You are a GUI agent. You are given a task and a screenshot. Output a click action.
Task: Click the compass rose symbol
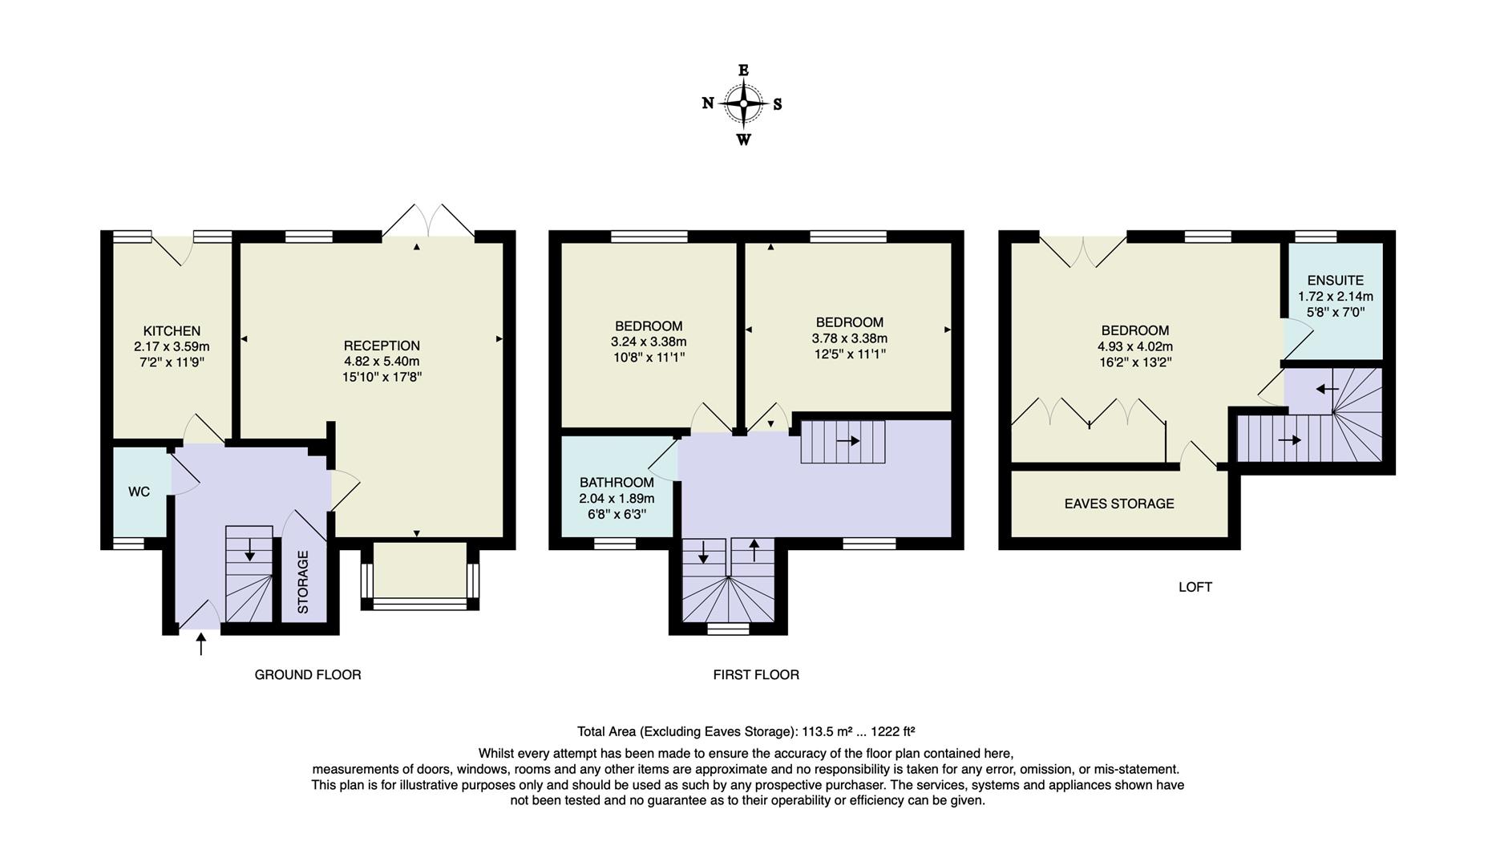pos(743,104)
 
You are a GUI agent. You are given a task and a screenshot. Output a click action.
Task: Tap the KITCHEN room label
pos(172,330)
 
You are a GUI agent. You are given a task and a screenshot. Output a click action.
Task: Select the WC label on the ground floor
pos(139,492)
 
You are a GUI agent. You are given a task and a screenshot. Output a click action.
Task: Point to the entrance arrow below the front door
pos(200,644)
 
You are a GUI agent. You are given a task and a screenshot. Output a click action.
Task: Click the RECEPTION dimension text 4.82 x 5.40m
pos(382,361)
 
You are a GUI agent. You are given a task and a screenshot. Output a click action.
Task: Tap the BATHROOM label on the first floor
pos(617,483)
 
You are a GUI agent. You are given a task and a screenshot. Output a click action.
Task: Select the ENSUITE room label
pos(1335,281)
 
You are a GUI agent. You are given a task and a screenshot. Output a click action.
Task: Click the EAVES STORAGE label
pos(1119,504)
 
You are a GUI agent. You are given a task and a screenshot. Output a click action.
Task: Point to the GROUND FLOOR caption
pos(308,674)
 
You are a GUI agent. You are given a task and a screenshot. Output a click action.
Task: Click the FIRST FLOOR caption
pos(756,674)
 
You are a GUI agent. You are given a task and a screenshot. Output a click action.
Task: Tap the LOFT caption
pos(1195,587)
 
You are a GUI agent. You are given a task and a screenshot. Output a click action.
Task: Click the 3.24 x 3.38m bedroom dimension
pos(649,342)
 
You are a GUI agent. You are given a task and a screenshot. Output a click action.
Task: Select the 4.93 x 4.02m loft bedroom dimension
pos(1135,346)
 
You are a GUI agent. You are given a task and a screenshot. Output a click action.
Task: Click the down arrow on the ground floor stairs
pos(249,549)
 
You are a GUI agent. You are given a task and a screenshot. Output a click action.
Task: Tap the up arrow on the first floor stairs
pos(754,551)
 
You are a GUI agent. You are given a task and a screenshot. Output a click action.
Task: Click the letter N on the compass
pos(708,103)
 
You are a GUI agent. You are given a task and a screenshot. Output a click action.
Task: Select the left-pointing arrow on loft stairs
pos(1327,389)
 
